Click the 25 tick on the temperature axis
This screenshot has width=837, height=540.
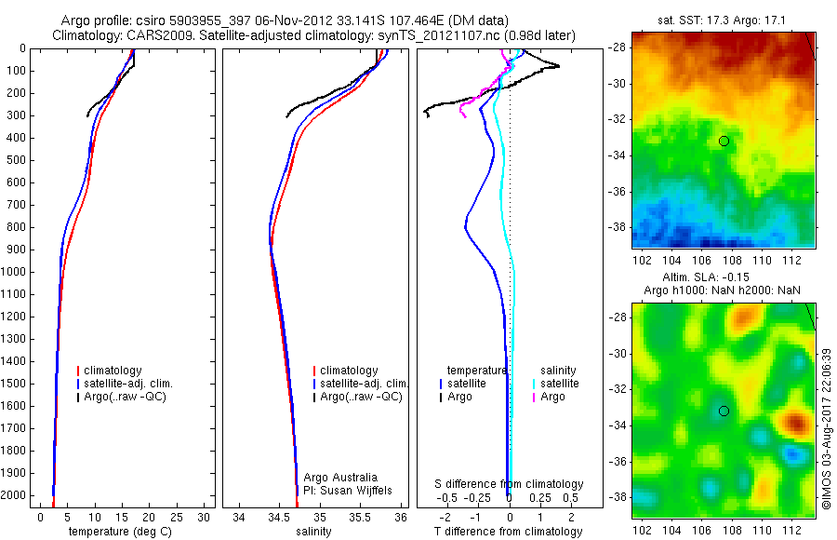[177, 516]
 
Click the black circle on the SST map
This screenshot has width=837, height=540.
[724, 141]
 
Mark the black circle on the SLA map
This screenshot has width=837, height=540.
[724, 411]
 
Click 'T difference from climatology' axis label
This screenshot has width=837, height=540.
[510, 532]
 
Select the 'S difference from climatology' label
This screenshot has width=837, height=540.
[510, 484]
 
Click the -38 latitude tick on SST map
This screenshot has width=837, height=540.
[618, 226]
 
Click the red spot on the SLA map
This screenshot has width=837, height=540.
[795, 425]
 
